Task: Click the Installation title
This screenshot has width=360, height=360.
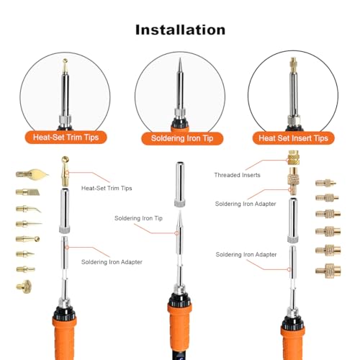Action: click(x=180, y=30)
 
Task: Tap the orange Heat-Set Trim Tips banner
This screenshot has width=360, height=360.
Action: click(x=66, y=138)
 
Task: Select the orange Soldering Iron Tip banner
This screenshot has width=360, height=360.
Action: click(x=182, y=138)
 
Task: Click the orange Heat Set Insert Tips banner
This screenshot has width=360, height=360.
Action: click(x=293, y=138)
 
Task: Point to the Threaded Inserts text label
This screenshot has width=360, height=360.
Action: click(x=237, y=175)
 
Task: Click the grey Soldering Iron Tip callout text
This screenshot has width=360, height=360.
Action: click(x=138, y=218)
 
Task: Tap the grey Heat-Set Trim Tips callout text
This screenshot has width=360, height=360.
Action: click(x=107, y=188)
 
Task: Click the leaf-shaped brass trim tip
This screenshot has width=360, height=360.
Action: click(x=32, y=174)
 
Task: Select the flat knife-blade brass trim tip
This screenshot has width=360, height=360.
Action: click(x=28, y=192)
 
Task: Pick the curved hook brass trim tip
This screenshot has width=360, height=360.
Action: click(x=28, y=209)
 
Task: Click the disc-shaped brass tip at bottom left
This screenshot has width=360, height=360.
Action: click(x=24, y=287)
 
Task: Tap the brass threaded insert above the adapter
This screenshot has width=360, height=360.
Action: click(x=294, y=158)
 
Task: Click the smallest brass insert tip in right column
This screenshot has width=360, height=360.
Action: click(x=325, y=184)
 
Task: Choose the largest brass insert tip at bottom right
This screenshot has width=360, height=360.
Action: click(x=328, y=271)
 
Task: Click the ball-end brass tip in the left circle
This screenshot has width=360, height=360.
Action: click(x=65, y=66)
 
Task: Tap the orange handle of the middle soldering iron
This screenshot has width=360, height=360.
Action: click(x=179, y=331)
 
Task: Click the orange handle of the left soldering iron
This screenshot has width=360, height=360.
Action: click(x=64, y=337)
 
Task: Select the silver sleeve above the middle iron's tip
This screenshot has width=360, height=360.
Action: click(x=180, y=184)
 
